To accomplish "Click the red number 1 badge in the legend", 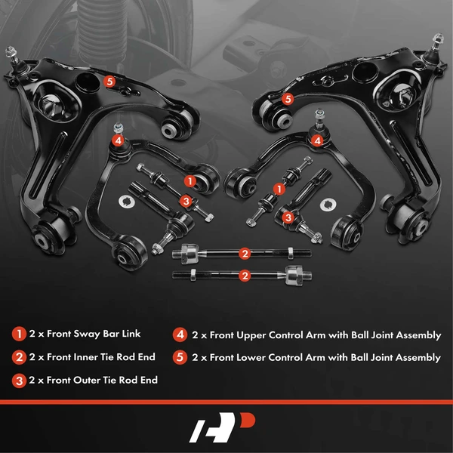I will coord(18,334).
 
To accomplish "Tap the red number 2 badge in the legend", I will coord(18,357).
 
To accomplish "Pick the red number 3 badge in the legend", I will coord(18,381).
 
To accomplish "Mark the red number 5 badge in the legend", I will coord(180,357).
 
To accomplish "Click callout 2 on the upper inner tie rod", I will coord(244,253).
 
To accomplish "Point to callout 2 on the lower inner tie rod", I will coord(244,276).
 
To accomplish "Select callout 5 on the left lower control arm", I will coord(109,82).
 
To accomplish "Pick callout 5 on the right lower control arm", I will coord(287,98).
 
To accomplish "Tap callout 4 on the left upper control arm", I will coord(118,140).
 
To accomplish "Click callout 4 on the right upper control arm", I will coord(318,140).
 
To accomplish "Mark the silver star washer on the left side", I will coord(126,202).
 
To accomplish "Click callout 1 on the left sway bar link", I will coord(190,181).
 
